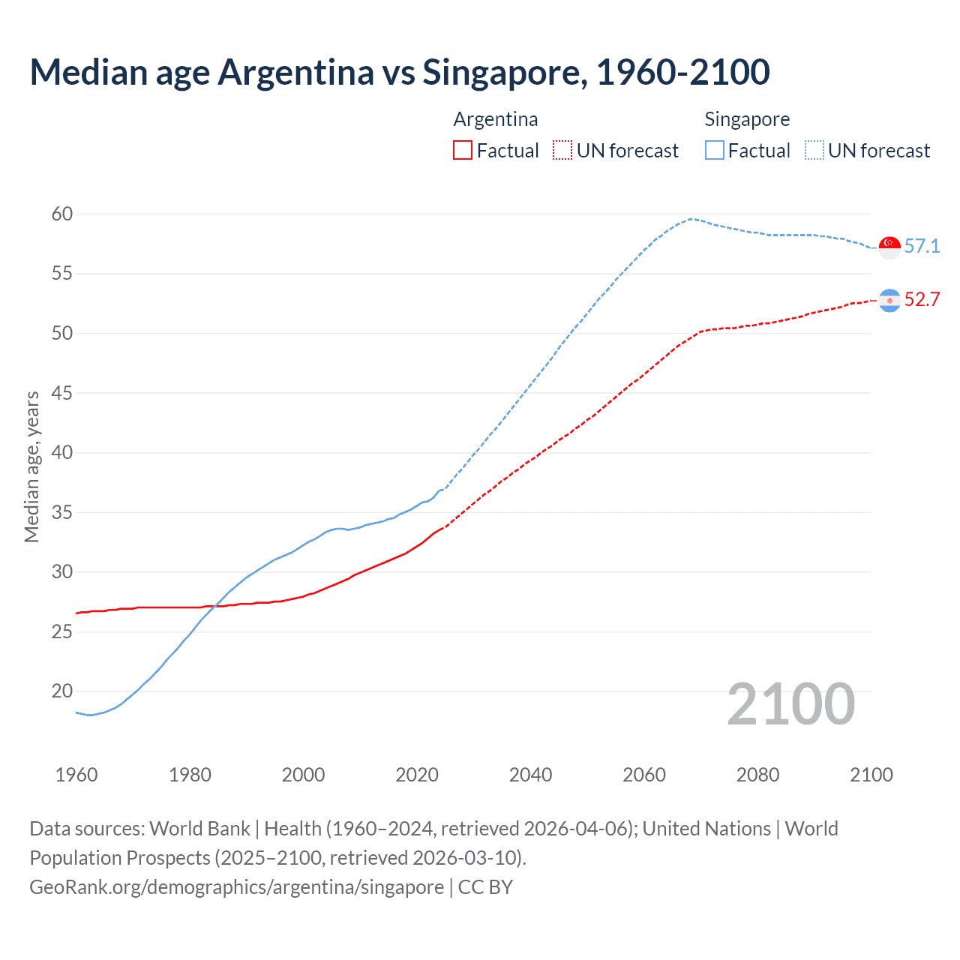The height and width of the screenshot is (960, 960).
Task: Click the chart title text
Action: tap(400, 72)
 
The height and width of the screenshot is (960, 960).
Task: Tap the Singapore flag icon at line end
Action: tap(889, 247)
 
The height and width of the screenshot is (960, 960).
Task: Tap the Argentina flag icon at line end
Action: tap(889, 300)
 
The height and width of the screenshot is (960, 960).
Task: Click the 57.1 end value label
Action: tap(922, 247)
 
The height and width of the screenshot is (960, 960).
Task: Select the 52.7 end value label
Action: tap(922, 300)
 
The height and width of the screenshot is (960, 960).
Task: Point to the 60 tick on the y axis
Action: tap(62, 214)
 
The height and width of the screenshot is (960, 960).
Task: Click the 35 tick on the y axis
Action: tap(62, 513)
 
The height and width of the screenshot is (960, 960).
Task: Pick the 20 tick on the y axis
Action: tap(62, 691)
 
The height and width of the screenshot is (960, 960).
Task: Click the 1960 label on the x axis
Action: tap(76, 775)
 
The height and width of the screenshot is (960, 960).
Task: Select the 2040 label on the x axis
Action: tap(530, 775)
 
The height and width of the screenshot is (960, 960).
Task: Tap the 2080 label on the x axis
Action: tap(757, 775)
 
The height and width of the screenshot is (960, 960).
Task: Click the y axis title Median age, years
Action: tap(31, 466)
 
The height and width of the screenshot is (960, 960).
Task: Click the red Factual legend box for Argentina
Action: tap(463, 151)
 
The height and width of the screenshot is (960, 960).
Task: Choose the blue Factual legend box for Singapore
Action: tap(715, 151)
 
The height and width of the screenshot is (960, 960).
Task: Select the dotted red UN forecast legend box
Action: tap(562, 151)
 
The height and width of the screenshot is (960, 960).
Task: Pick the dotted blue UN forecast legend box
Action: tap(814, 151)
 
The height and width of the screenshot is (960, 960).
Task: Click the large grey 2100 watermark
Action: tap(790, 704)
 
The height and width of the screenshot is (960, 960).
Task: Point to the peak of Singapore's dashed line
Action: tap(690, 219)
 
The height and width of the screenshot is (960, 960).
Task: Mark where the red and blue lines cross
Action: tap(215, 605)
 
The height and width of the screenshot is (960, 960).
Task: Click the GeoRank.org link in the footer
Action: tap(236, 887)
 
